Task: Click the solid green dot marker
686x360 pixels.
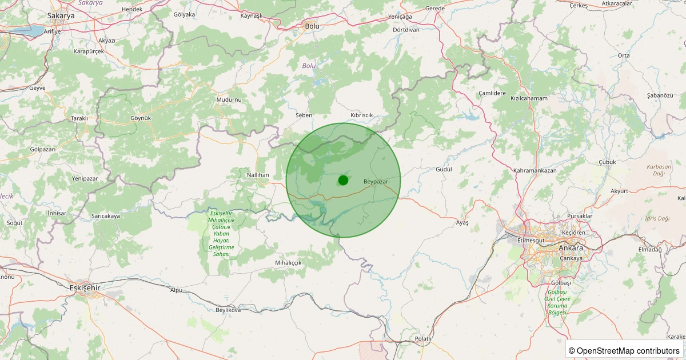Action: point(343,180)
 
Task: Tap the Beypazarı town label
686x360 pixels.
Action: point(377,181)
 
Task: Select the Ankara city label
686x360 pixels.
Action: point(571,248)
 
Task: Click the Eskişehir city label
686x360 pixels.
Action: point(84,287)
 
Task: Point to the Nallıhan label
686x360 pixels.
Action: point(258,174)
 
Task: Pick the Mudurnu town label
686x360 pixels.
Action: point(229,99)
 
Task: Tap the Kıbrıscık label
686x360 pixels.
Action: point(361,115)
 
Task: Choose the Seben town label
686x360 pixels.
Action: point(304,115)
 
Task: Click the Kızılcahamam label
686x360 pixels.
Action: point(529,98)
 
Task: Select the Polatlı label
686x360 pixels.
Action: point(423,339)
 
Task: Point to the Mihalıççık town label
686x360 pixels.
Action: point(288,262)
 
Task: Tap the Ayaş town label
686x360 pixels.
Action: point(462,222)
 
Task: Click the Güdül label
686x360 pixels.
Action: point(444,170)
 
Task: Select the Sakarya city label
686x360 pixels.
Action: point(61,16)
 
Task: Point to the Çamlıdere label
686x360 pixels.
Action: point(492,93)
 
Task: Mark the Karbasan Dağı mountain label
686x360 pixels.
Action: point(655,170)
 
